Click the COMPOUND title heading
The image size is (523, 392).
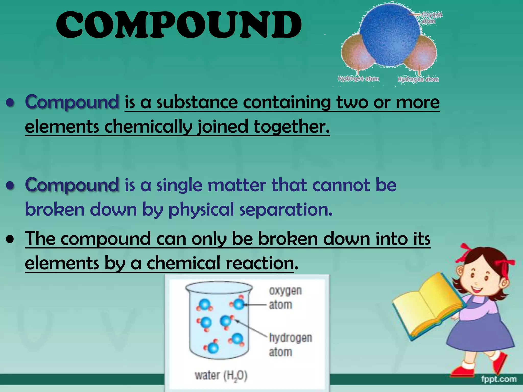pyautogui.click(x=179, y=25)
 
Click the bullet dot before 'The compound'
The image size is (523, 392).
pyautogui.click(x=10, y=240)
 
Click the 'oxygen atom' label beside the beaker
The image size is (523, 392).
pyautogui.click(x=285, y=298)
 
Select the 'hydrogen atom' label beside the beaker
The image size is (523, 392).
pyautogui.click(x=290, y=345)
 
